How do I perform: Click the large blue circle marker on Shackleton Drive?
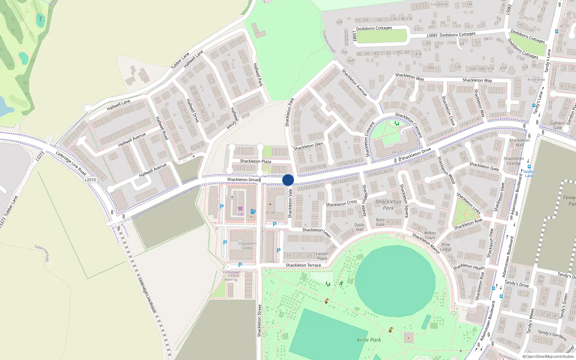coord(288,180)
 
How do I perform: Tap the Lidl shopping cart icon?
coord(240,209)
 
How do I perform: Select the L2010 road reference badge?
coord(90,180)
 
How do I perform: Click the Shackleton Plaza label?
coord(256,161)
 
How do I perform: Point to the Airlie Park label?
coord(369,339)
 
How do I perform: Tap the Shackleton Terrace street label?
coord(303,265)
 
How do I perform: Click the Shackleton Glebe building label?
coord(247,246)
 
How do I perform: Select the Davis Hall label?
coord(360,227)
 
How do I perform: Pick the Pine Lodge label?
coord(446,247)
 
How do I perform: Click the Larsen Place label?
coord(322,256)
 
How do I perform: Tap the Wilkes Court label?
coord(430,235)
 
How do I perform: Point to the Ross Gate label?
coord(380,222)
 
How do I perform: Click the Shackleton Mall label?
coord(519,143)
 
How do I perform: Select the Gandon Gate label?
coord(557,125)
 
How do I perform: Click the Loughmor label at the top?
coord(439,4)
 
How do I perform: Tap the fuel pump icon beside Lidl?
coord(253,212)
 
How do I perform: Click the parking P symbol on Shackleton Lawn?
coord(275,224)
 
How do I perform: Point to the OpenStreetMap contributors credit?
coord(548,356)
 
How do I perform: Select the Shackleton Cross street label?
coord(341,203)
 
